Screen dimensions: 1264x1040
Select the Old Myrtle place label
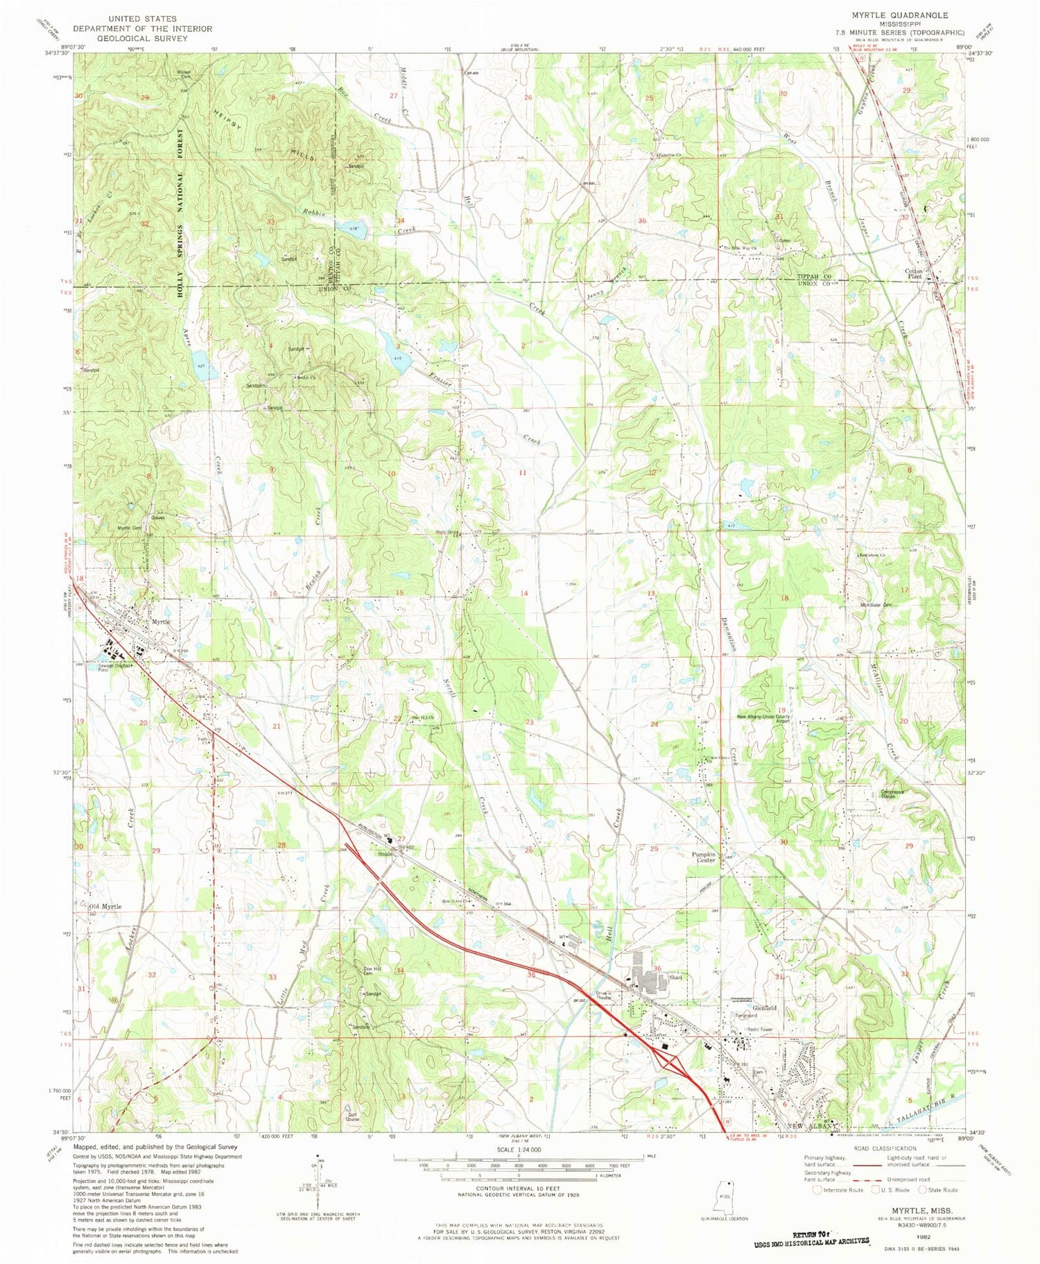coord(105,907)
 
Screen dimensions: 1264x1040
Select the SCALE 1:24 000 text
coord(517,1148)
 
